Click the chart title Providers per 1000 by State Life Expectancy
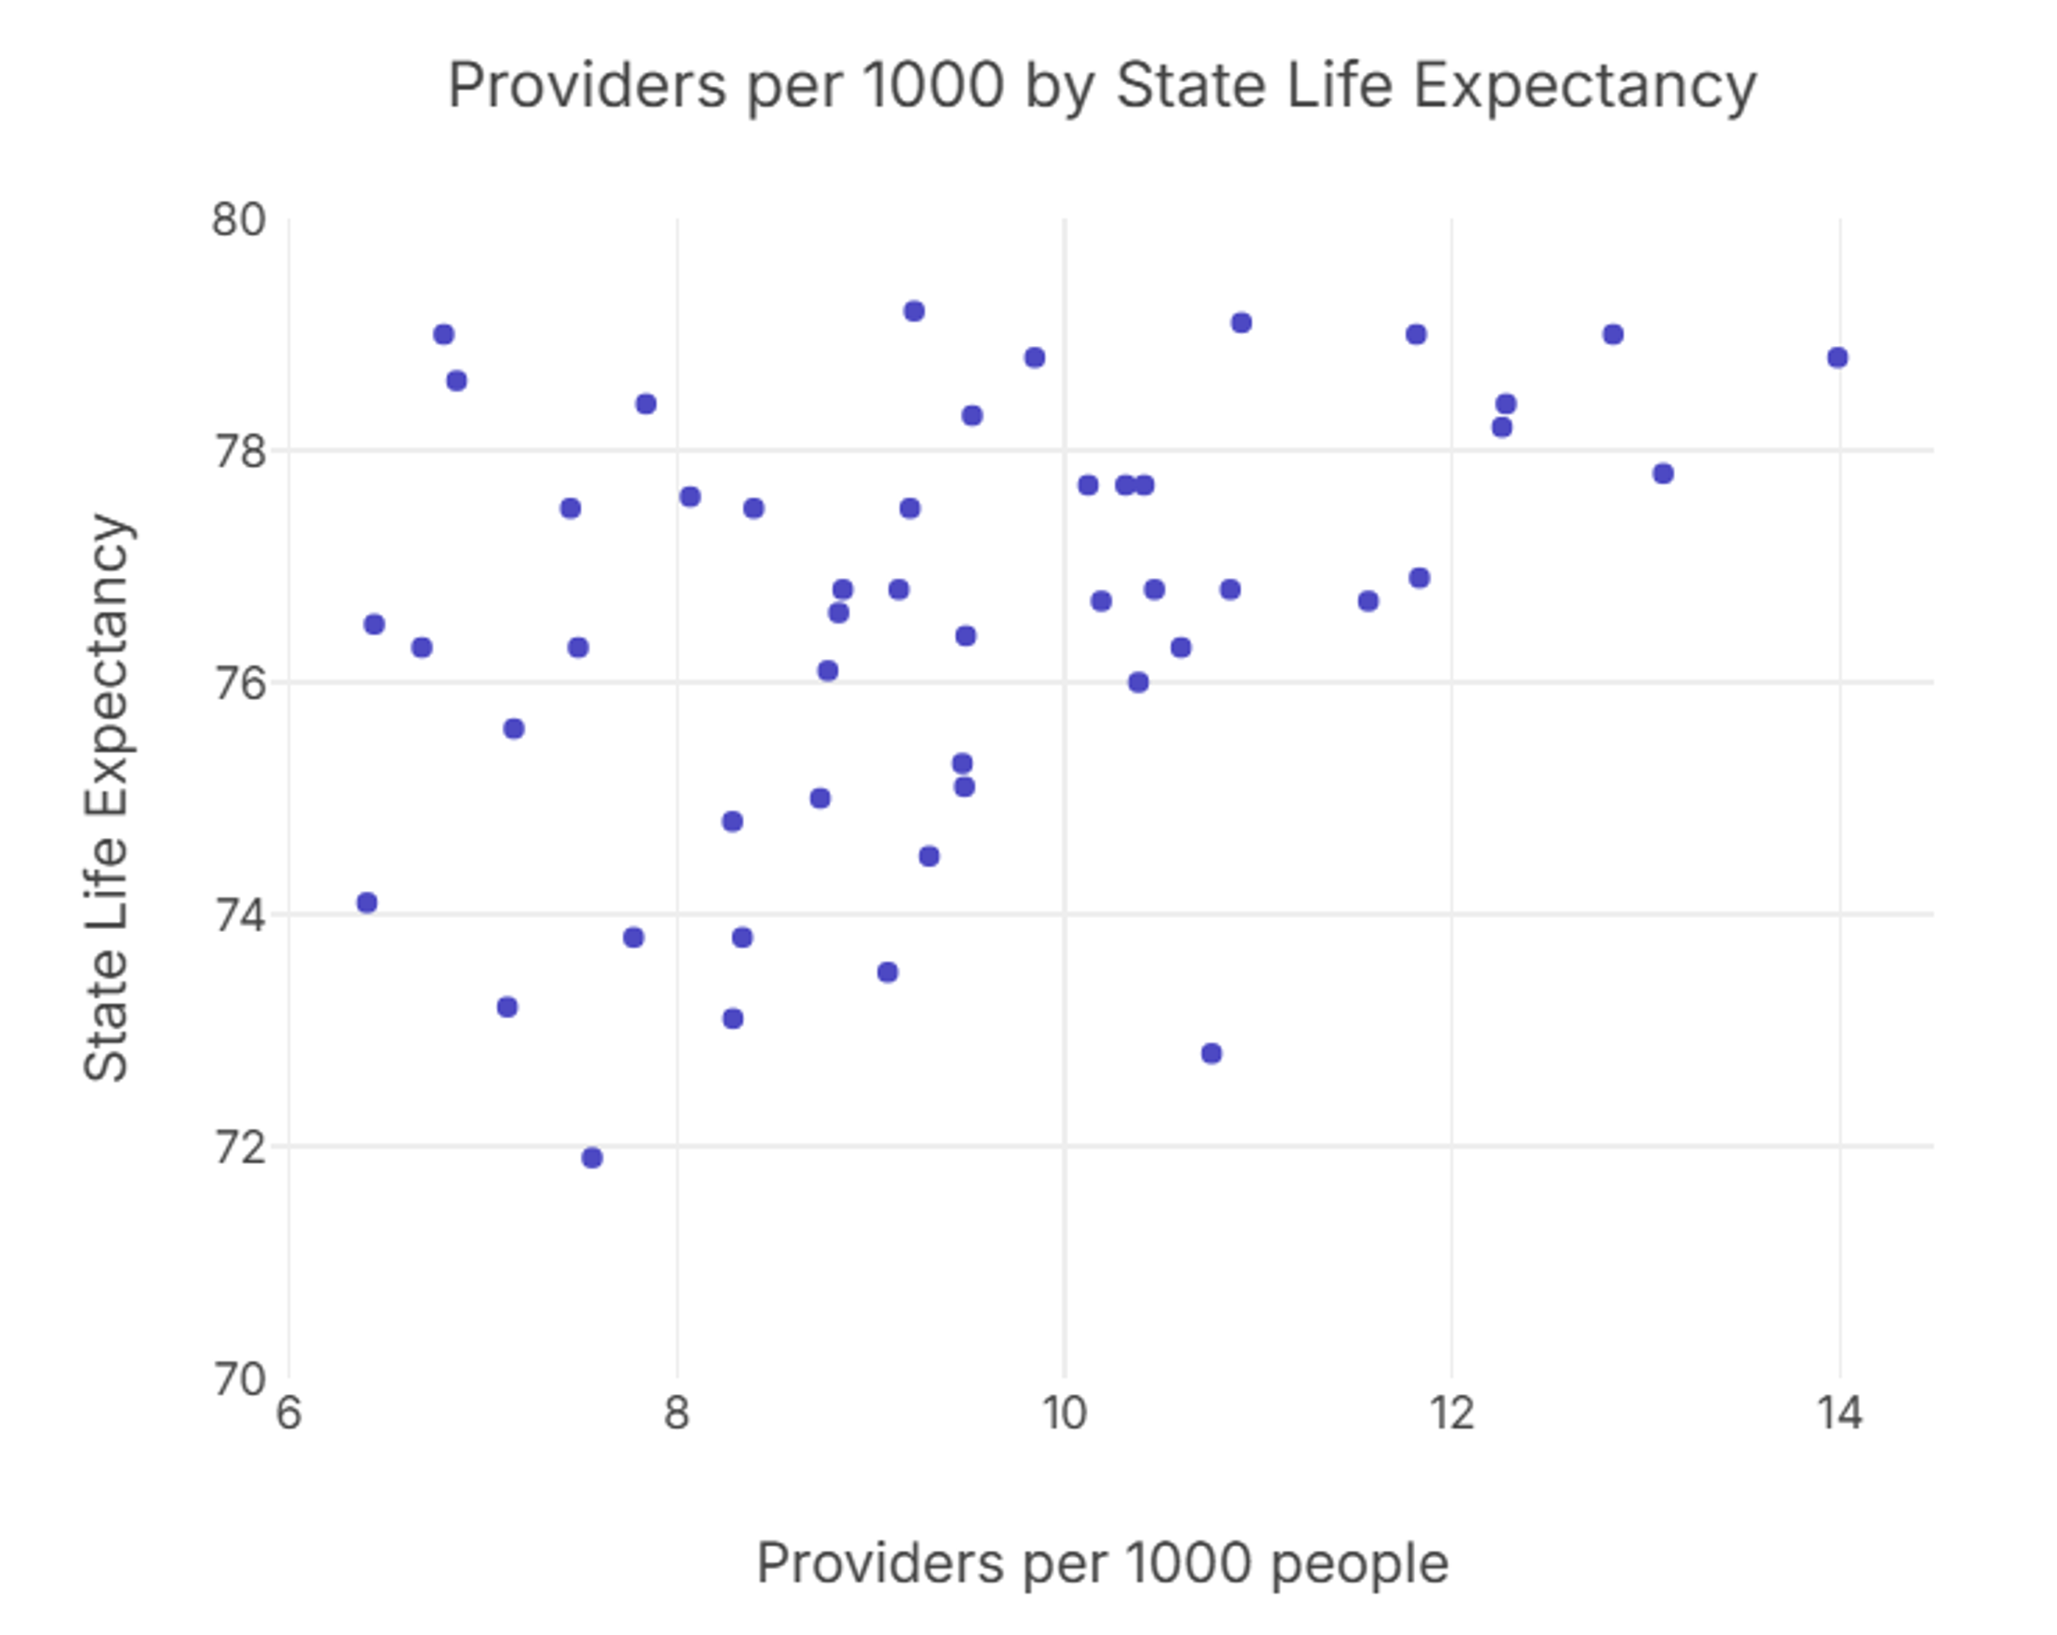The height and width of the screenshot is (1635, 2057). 1101,86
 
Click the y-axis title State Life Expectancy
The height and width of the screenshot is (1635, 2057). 106,798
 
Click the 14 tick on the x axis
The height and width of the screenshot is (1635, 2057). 1839,1412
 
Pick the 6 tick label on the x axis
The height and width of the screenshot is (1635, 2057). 288,1412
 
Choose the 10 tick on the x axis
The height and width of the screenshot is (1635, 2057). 1064,1412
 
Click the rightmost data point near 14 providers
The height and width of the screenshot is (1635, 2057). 1837,358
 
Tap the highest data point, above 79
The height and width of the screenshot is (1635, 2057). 914,311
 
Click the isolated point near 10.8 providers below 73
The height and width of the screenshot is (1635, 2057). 1211,1053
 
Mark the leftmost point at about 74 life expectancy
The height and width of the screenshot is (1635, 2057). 367,903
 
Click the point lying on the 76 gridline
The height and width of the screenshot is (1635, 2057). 1138,682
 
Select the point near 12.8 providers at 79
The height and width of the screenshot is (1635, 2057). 1613,334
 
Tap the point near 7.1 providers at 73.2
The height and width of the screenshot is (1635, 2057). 508,1007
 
